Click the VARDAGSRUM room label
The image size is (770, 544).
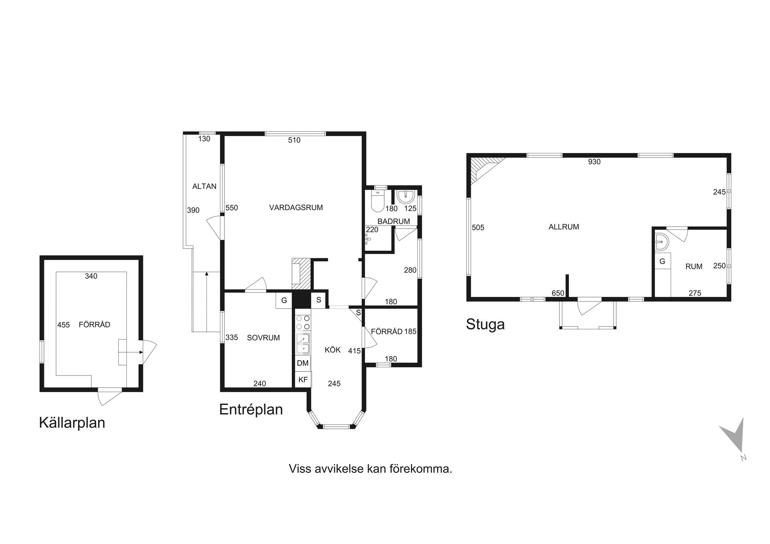pos(296,207)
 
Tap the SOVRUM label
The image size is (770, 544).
pos(263,338)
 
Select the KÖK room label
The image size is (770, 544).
pos(333,350)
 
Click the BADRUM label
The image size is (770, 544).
pos(394,221)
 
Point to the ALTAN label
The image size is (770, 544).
pos(204,186)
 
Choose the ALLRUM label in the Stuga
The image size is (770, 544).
pos(564,227)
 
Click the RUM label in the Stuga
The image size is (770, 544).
pos(694,266)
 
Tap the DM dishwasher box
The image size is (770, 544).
pos(303,363)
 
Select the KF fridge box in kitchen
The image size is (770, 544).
pos(303,379)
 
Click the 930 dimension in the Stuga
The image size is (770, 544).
pos(594,162)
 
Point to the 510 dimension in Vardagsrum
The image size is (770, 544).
pos(294,140)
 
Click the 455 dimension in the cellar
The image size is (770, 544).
pos(64,325)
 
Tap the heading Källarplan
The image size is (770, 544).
pos(72,423)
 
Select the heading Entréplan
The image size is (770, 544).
pos(251,409)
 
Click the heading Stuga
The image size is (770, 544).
pos(485,324)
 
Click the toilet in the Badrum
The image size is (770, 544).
pos(377,201)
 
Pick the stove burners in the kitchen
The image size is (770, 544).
pos(303,323)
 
